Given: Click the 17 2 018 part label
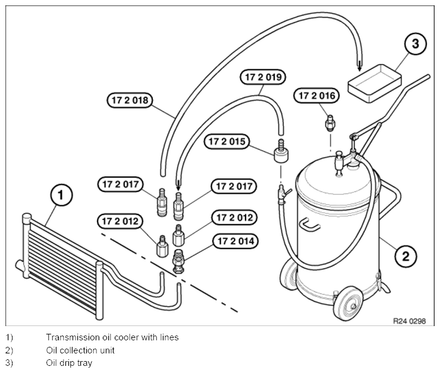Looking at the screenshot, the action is tap(130, 100).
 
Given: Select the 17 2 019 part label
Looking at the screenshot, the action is tap(263, 77).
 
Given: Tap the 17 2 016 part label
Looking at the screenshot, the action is tap(316, 96).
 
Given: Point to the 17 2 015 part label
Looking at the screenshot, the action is tap(227, 141).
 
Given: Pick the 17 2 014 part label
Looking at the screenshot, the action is tap(235, 241).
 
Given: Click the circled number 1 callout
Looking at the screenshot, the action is tap(61, 195).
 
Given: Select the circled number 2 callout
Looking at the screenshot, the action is tap(406, 256).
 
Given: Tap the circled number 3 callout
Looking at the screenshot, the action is tap(415, 43).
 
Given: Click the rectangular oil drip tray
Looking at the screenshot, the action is tap(375, 83).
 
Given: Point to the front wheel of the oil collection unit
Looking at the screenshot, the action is tap(348, 304).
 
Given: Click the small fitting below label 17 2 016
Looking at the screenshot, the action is tap(330, 123).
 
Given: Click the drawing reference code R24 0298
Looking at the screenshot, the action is tap(409, 321).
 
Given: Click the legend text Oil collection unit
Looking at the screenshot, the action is tap(80, 350).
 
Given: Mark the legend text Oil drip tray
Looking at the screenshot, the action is tap(69, 363).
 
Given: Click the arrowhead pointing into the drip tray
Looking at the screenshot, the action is tap(359, 67).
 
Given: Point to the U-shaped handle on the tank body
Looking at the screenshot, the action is tap(310, 225).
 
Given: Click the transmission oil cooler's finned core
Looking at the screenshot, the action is tap(62, 265).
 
